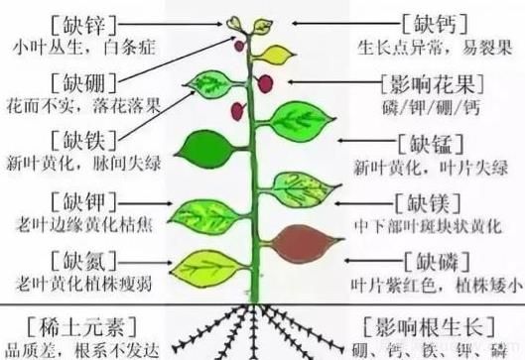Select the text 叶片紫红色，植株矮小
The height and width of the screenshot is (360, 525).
[435, 286]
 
